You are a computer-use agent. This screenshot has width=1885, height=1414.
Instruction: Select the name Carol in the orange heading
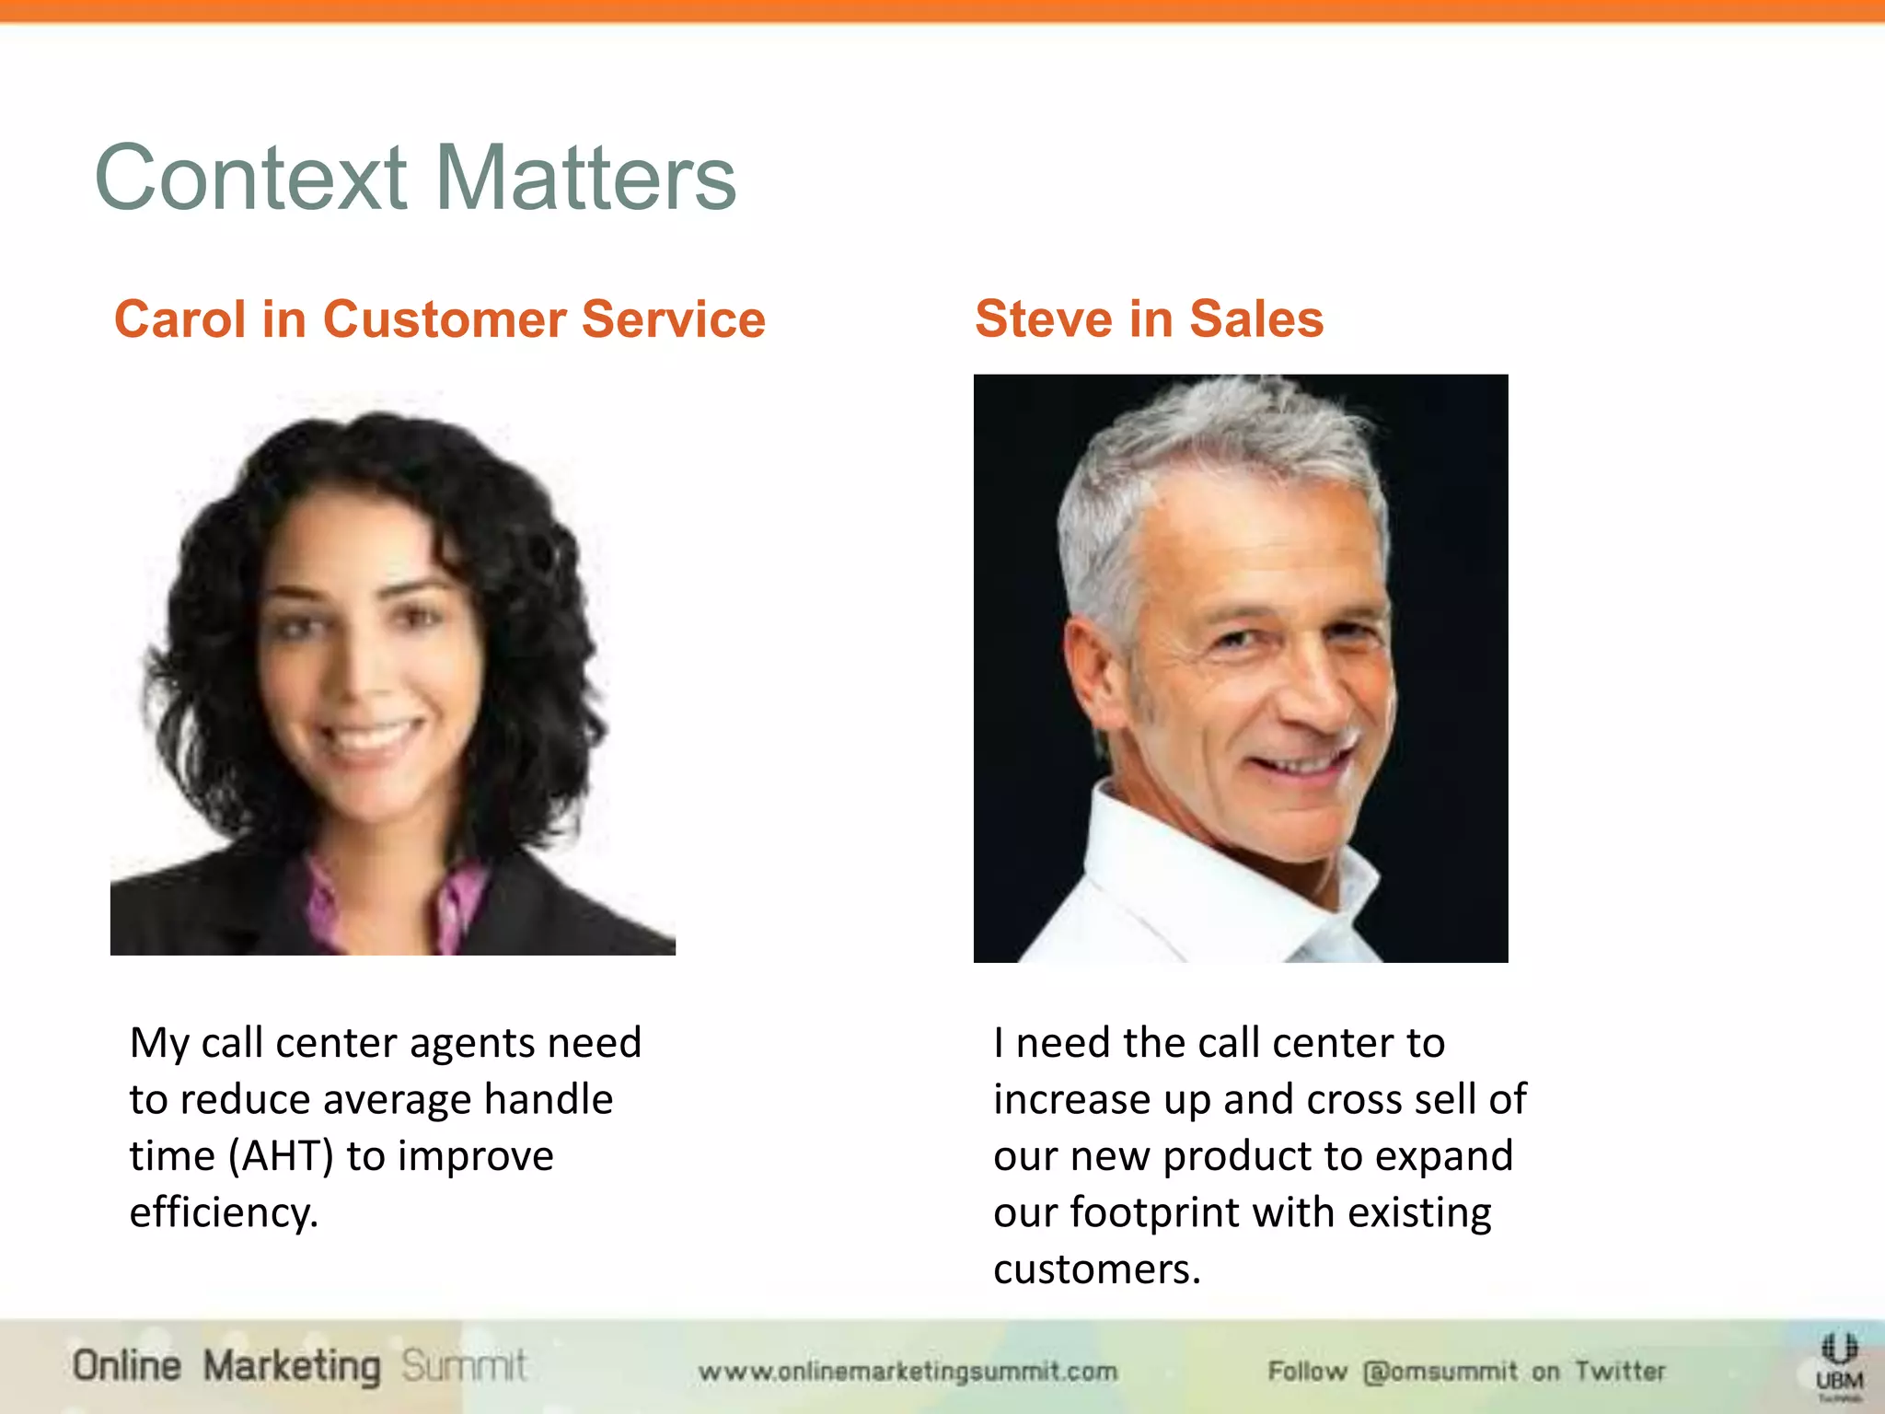point(180,319)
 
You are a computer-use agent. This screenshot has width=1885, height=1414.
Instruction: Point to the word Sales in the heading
point(1256,319)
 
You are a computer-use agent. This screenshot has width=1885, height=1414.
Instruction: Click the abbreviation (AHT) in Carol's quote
point(280,1156)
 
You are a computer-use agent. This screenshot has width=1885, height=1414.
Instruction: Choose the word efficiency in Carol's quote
point(223,1212)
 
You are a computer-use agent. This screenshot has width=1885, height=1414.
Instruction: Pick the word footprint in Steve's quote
point(1154,1212)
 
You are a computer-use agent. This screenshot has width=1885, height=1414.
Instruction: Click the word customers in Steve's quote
point(1096,1269)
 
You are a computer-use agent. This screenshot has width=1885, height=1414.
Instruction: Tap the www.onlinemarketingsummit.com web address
point(908,1372)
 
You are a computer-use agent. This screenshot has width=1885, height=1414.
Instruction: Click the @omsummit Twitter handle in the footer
point(1440,1372)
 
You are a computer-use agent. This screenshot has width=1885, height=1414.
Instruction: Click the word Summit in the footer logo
point(464,1365)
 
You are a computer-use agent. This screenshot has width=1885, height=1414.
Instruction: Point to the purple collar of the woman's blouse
point(322,898)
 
